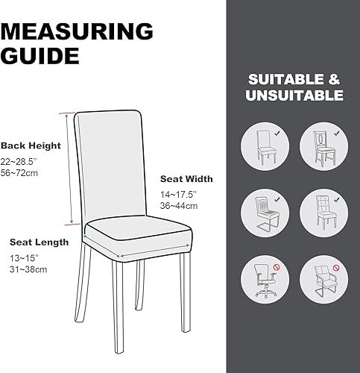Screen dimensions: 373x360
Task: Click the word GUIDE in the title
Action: tap(40, 56)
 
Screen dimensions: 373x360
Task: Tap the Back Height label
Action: tap(31, 145)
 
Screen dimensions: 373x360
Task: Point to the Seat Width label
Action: tap(186, 179)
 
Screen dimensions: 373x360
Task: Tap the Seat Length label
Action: tap(39, 242)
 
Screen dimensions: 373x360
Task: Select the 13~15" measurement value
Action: tap(25, 257)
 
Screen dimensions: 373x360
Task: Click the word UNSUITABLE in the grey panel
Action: tap(295, 96)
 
